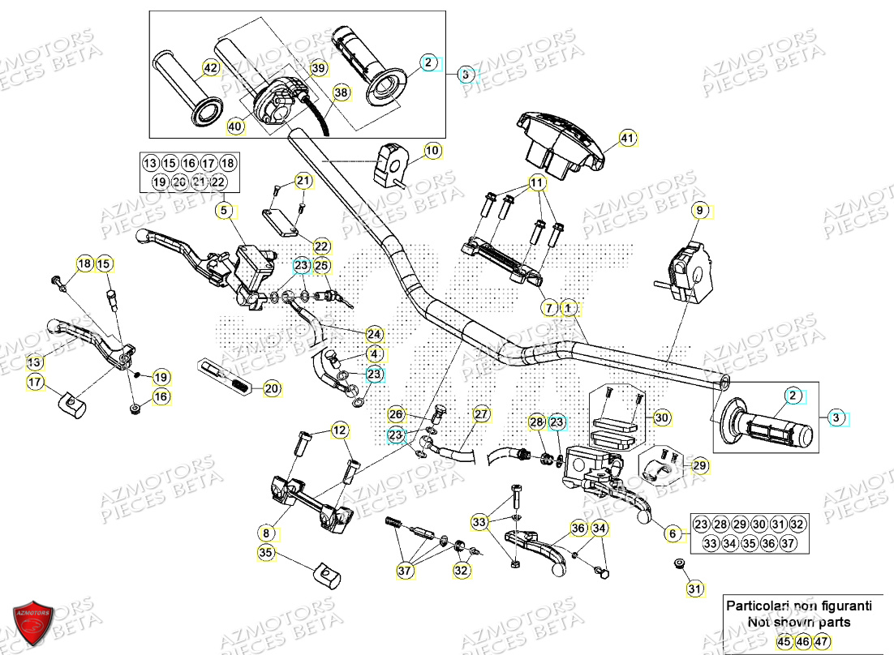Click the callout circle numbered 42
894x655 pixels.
click(x=211, y=69)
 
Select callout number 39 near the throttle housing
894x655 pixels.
click(x=318, y=69)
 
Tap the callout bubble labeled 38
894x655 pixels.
click(x=342, y=93)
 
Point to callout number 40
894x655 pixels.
click(x=235, y=126)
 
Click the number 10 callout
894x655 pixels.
click(x=432, y=150)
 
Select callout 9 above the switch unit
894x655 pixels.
click(x=700, y=212)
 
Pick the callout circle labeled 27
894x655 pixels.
click(x=482, y=414)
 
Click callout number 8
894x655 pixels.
click(x=267, y=533)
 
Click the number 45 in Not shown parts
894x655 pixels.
click(x=782, y=641)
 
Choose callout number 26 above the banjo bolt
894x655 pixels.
click(x=396, y=414)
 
